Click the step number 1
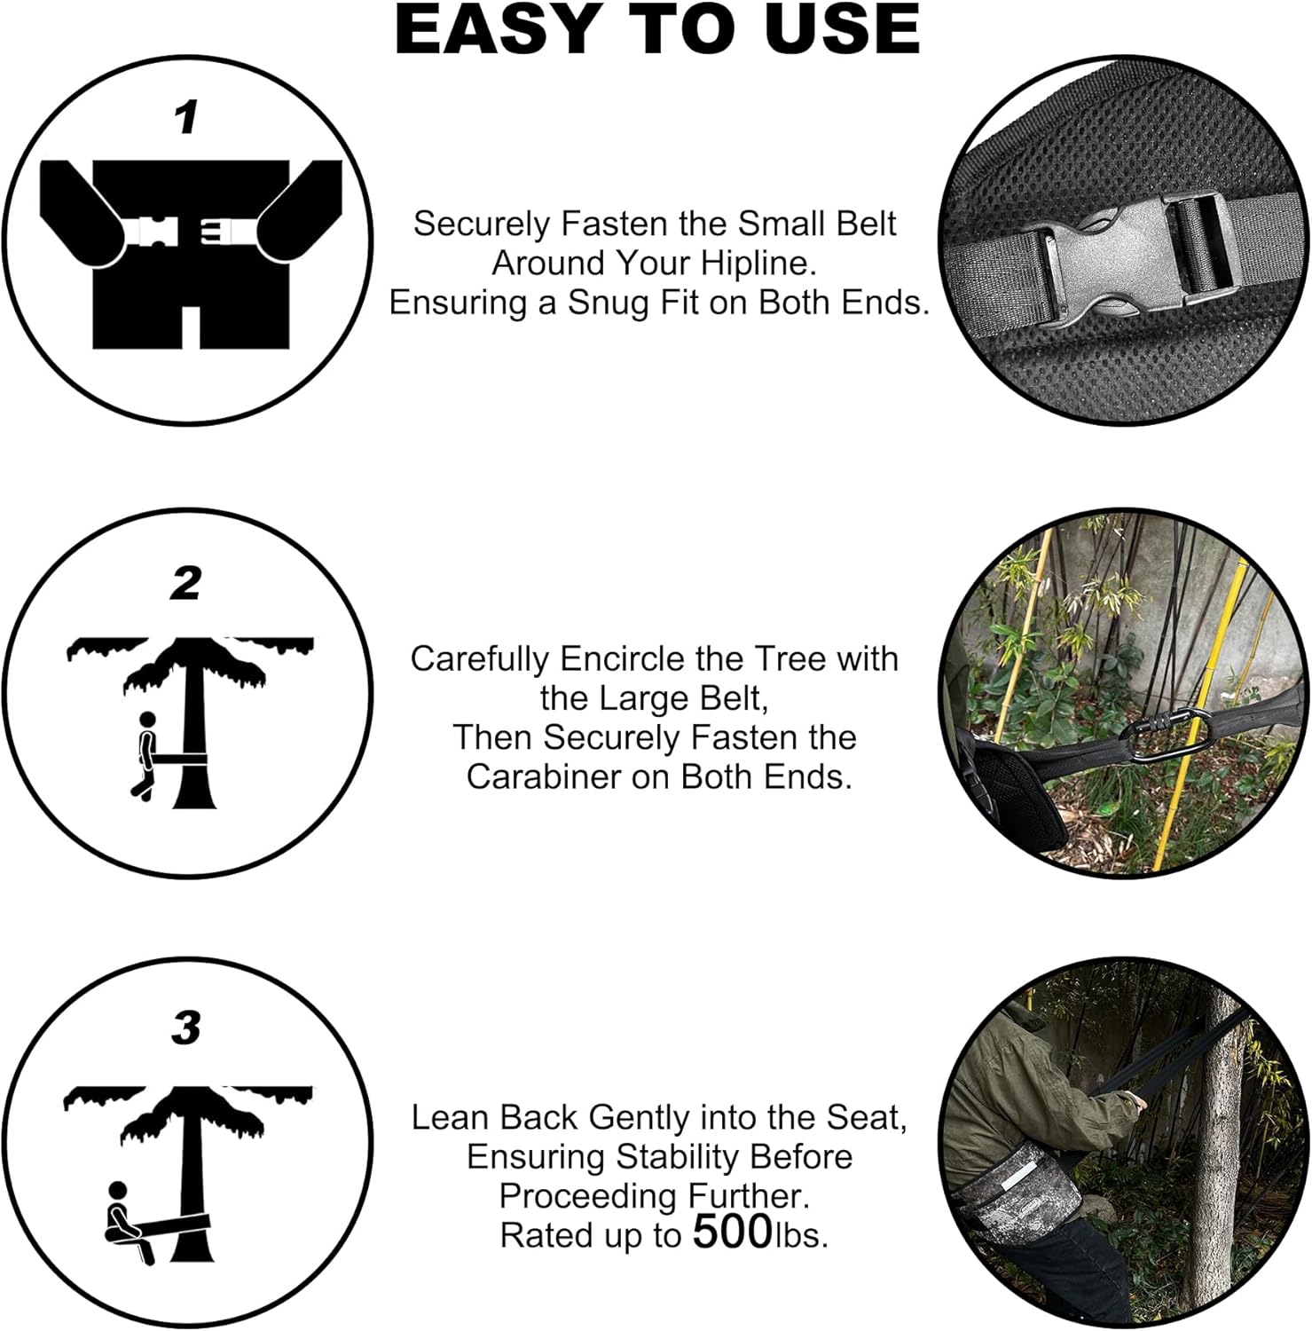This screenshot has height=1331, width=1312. pos(186,118)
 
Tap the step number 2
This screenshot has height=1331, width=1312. pos(186,585)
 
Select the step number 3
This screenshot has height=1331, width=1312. pos(186,1028)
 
